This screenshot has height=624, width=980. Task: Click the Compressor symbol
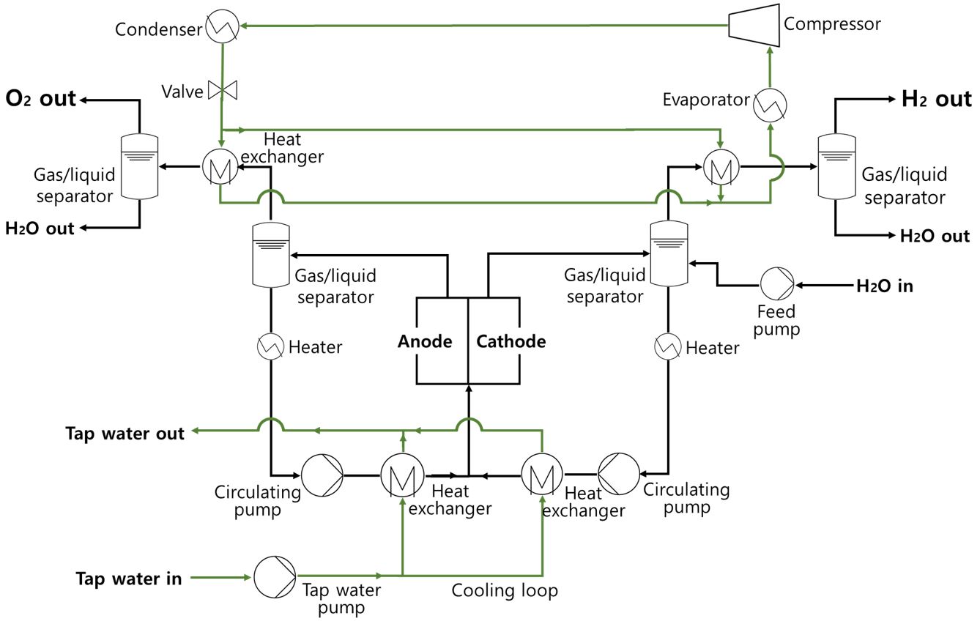pos(752,26)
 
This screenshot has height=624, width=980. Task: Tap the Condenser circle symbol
pos(220,28)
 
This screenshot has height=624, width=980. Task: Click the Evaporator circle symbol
pos(770,105)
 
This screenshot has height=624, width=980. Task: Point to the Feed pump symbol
pos(776,283)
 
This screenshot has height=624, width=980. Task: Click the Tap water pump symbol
pos(275,577)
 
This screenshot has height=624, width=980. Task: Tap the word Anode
pos(425,341)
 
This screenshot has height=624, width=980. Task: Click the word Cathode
pos(511,341)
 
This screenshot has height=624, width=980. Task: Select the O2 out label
pos(41,99)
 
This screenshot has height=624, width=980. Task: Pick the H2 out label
pos(936,100)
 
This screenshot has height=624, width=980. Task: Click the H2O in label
pos(885,286)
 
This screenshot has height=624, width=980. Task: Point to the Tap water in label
pos(129,579)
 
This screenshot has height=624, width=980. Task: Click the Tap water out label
pos(125,434)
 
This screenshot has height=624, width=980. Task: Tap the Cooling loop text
pos(505,590)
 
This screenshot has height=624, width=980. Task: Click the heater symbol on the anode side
pos(271,346)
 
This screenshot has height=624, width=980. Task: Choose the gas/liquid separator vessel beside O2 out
pos(138,167)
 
